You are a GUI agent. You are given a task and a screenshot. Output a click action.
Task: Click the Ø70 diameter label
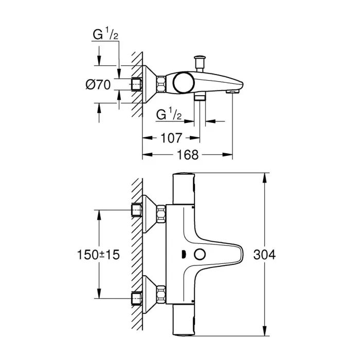(98, 85)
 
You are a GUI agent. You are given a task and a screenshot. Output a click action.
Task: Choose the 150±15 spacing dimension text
(98, 255)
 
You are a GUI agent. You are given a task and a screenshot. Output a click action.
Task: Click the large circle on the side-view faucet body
(182, 82)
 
